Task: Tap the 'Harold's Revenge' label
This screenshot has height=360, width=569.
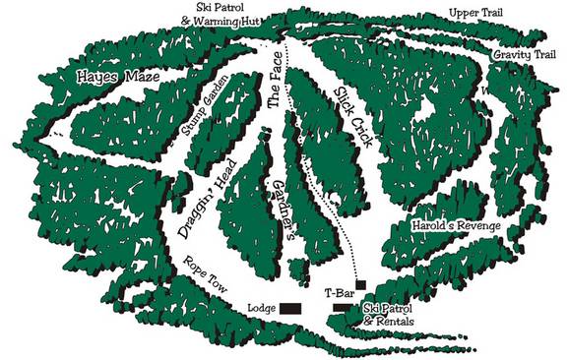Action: point(455,226)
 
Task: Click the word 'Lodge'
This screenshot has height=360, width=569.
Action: point(261,308)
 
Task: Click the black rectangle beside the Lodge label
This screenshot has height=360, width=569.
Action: point(290,309)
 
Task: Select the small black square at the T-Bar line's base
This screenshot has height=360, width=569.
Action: point(361,284)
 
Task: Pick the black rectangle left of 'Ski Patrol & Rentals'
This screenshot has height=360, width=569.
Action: point(341,308)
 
